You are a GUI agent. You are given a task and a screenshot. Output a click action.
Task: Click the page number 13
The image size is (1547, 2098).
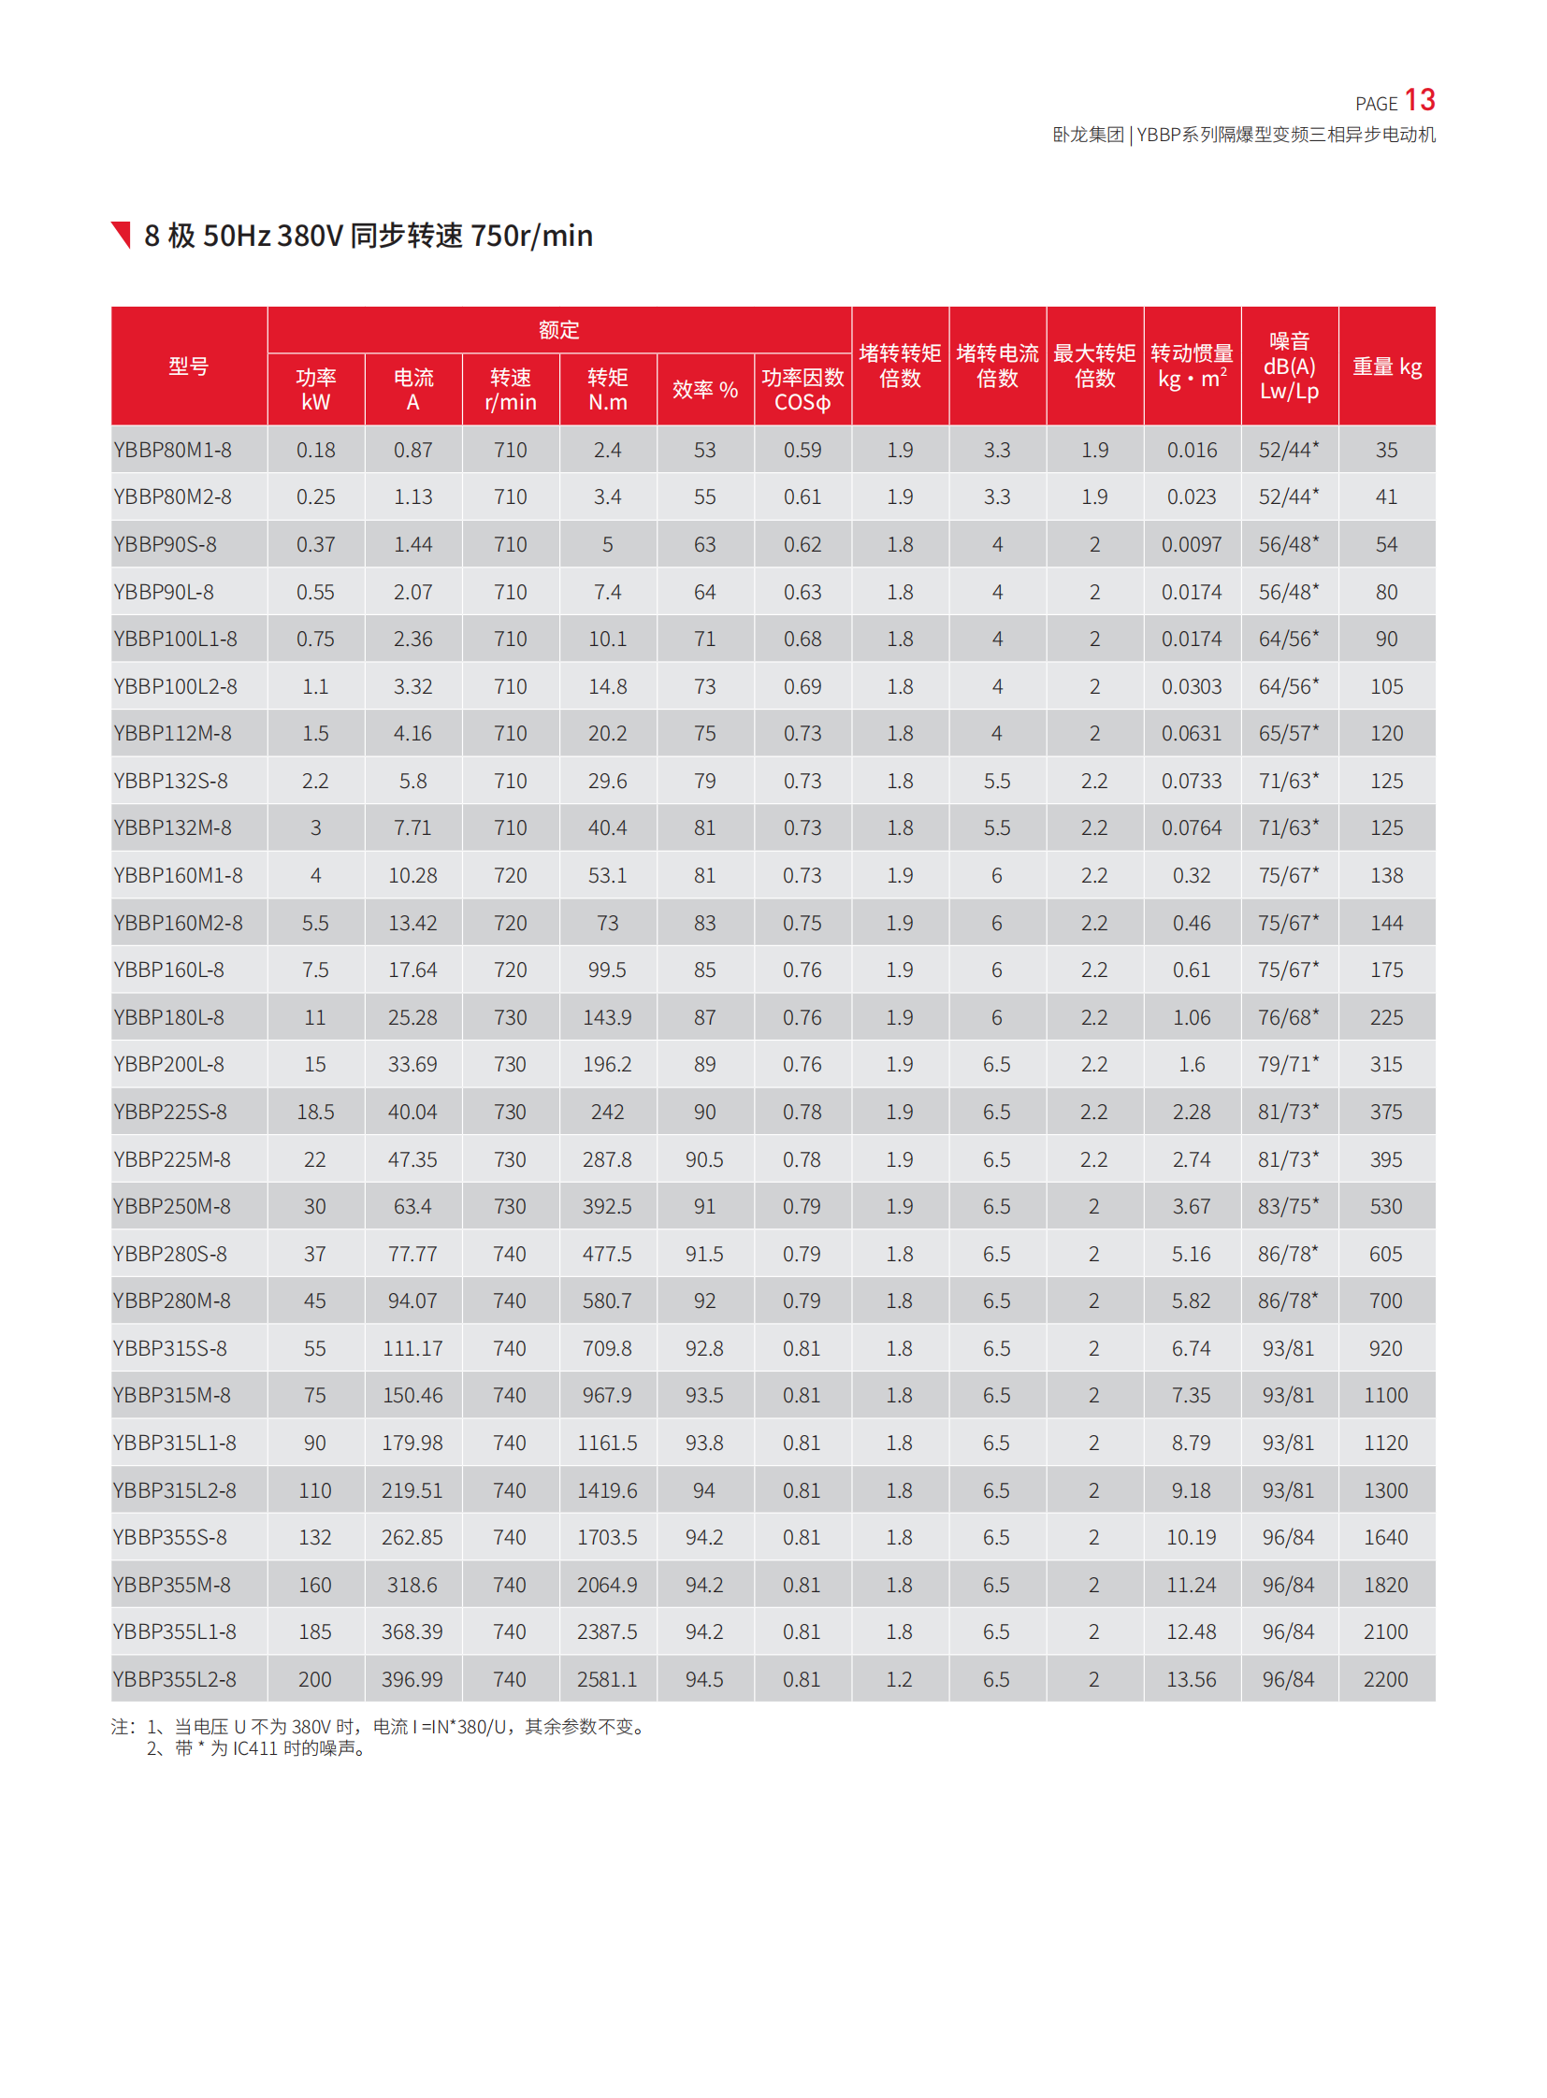tap(1419, 100)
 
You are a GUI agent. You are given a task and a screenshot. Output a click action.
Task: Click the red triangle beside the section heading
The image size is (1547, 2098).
tap(122, 234)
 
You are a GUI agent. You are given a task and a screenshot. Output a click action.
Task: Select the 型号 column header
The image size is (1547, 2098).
tap(188, 366)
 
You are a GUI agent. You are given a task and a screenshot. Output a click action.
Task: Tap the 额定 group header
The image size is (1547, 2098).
tap(559, 329)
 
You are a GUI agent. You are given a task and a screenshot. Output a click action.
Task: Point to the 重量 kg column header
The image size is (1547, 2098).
tap(1387, 366)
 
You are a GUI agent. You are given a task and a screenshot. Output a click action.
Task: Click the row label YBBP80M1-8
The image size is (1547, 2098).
tap(172, 451)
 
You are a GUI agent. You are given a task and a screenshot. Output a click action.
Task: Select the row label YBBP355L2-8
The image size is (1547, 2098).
tap(174, 1679)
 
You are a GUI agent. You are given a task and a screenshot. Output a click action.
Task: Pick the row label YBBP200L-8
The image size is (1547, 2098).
tap(168, 1065)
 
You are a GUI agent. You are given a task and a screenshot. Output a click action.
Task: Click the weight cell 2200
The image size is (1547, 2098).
tap(1386, 1679)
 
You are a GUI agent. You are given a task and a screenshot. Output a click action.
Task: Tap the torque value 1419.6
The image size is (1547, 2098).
tap(607, 1490)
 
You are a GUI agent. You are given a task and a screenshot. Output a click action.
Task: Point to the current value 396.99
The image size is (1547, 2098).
tap(412, 1679)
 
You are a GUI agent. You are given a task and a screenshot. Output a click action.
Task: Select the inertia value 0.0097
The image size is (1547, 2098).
tap(1192, 545)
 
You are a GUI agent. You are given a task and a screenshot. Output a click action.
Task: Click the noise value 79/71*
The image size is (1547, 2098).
tap(1289, 1065)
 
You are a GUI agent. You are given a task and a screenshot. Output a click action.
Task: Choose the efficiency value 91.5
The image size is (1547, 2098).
tap(704, 1254)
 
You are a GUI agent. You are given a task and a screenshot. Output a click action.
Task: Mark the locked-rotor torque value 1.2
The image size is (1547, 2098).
tap(899, 1679)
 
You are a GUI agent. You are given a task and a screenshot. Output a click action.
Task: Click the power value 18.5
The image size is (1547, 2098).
tap(315, 1113)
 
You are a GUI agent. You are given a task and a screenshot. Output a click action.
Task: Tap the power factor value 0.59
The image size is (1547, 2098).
tap(802, 451)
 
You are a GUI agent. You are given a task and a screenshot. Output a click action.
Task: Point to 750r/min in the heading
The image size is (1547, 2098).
tap(531, 236)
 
